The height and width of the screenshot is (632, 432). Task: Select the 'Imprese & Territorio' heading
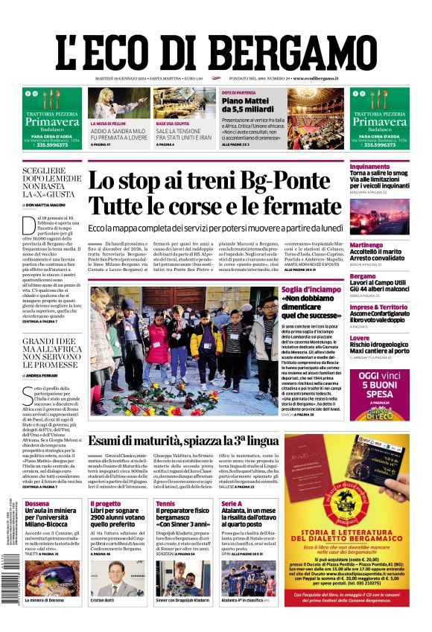(x=363, y=307)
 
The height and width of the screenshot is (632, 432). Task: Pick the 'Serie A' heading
(x=232, y=503)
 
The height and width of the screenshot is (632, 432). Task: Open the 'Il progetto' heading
(x=104, y=503)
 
